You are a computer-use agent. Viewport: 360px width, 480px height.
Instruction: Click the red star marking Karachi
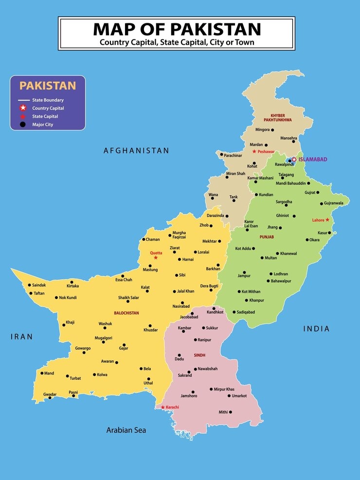click(x=162, y=407)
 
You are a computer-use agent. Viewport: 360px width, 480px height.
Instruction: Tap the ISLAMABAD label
click(x=312, y=160)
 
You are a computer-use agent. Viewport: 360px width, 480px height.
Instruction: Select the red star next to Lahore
click(x=327, y=220)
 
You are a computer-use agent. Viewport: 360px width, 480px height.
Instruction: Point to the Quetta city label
click(x=156, y=253)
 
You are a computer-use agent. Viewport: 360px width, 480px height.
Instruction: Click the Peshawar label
click(x=266, y=152)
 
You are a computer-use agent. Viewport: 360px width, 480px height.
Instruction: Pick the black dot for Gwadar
click(x=50, y=398)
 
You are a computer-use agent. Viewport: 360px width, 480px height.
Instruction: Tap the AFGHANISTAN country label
click(x=137, y=151)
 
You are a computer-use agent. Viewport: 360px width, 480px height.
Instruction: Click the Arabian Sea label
click(x=126, y=430)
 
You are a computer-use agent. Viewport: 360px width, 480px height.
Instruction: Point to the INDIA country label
click(x=316, y=329)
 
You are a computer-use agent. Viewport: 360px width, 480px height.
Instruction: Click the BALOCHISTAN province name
click(x=126, y=313)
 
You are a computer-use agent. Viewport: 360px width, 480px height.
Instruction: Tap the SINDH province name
click(x=199, y=356)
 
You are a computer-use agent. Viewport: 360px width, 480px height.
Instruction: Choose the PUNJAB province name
click(x=267, y=237)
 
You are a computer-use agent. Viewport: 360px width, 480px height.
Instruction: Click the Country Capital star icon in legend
click(x=22, y=108)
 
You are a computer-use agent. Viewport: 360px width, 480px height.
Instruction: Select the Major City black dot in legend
click(x=22, y=124)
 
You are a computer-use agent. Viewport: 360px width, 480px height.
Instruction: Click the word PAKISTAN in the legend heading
click(x=48, y=86)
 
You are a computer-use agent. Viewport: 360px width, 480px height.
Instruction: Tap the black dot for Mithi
click(x=230, y=412)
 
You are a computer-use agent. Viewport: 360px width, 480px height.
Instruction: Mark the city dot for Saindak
click(x=29, y=285)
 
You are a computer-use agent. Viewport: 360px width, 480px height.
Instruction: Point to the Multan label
click(x=270, y=258)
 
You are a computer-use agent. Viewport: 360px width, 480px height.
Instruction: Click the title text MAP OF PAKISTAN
click(x=177, y=29)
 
